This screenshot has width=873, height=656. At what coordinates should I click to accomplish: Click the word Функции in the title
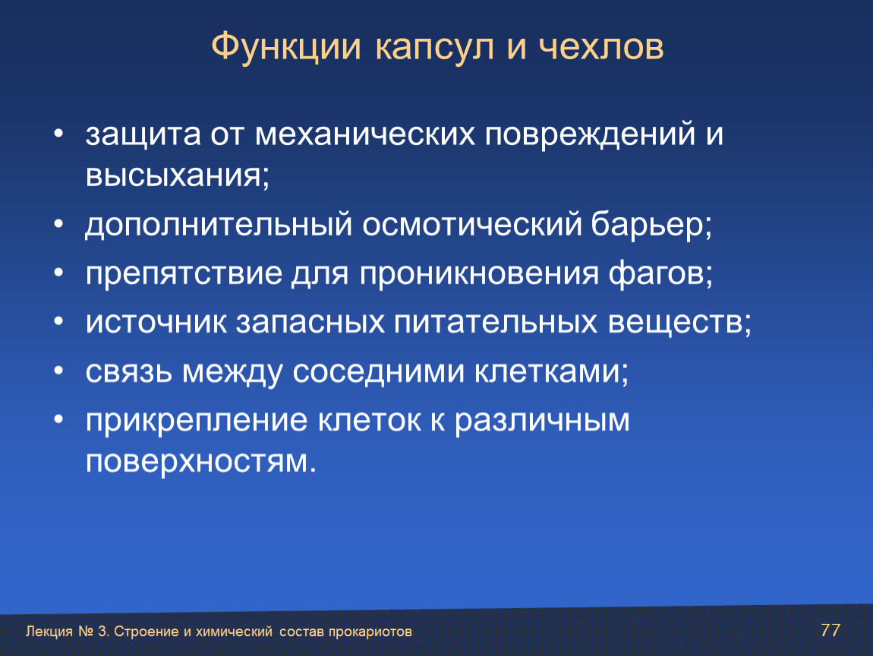pyautogui.click(x=286, y=47)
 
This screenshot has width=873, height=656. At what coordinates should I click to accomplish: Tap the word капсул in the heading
pyautogui.click(x=434, y=48)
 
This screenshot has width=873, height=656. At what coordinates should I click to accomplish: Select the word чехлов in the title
pyautogui.click(x=601, y=47)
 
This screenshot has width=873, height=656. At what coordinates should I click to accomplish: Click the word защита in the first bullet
pyautogui.click(x=143, y=134)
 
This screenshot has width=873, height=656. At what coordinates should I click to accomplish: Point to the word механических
pyautogui.click(x=364, y=134)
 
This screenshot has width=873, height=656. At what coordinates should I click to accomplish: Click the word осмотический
pyautogui.click(x=471, y=225)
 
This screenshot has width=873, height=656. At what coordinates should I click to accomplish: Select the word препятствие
pyautogui.click(x=184, y=273)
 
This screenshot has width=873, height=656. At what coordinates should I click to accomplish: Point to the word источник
pyautogui.click(x=156, y=323)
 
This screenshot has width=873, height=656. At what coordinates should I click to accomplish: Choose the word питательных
pyautogui.click(x=496, y=323)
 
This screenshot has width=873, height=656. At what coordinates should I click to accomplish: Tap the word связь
pyautogui.click(x=128, y=371)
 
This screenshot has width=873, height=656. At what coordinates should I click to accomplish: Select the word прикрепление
pyautogui.click(x=196, y=421)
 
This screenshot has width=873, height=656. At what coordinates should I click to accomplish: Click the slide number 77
pyautogui.click(x=830, y=630)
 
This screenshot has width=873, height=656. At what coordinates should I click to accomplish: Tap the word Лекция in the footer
pyautogui.click(x=49, y=632)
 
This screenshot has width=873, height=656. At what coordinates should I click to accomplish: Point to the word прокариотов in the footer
pyautogui.click(x=370, y=632)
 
